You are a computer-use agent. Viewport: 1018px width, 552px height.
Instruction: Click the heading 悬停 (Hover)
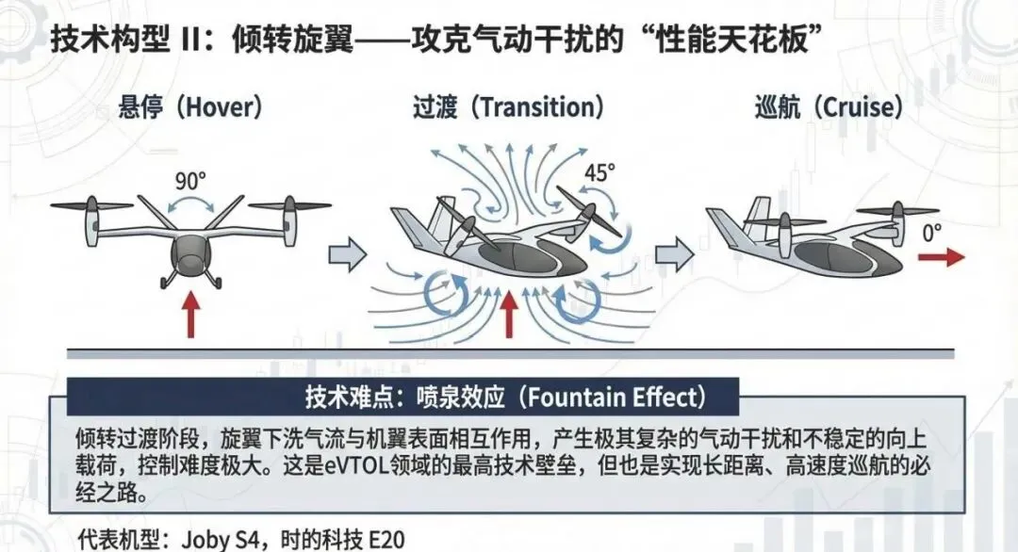pyautogui.click(x=189, y=106)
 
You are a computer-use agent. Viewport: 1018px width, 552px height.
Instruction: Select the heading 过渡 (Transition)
pyautogui.click(x=508, y=106)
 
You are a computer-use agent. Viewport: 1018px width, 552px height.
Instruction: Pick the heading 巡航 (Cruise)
pyautogui.click(x=829, y=106)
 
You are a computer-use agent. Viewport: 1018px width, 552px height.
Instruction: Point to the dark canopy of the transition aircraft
pyautogui.click(x=513, y=251)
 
